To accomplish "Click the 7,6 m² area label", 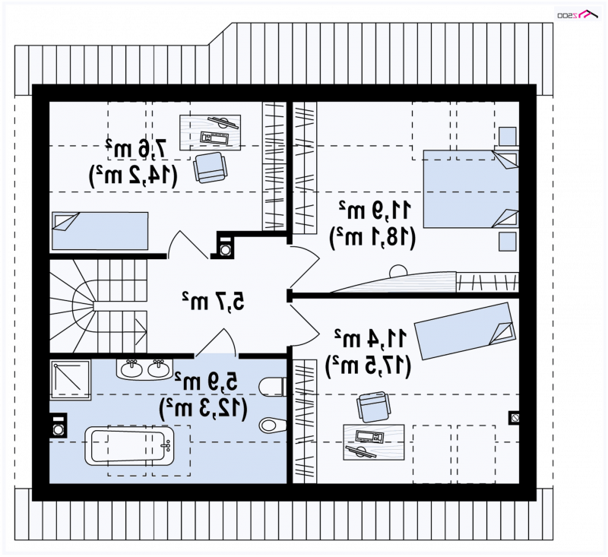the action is click(136, 147).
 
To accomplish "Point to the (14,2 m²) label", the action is click(134, 175).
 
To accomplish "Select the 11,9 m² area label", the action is click(375, 210).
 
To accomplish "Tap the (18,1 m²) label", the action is click(372, 237).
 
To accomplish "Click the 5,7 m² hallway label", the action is click(214, 300).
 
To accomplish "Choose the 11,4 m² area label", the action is click(371, 338).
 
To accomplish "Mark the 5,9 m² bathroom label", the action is click(206, 381).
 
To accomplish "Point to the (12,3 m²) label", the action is click(203, 408).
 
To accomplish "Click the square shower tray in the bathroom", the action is click(70, 380).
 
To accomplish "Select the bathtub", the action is click(129, 446).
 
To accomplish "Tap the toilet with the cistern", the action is click(272, 387).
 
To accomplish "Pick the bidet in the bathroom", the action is click(273, 426).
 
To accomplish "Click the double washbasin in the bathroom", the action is click(144, 369).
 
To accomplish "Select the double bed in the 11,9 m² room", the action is click(471, 188).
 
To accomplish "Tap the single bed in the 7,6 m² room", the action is click(100, 231).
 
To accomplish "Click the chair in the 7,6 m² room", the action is click(210, 167).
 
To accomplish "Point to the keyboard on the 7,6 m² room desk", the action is click(214, 138).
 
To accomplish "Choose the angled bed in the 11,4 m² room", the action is click(465, 331).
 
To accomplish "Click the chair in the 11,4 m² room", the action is click(373, 407).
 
